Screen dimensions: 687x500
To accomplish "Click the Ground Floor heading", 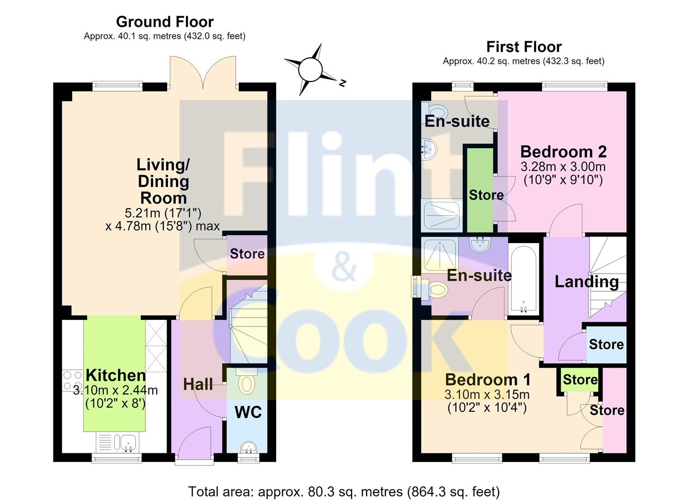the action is click(x=165, y=22).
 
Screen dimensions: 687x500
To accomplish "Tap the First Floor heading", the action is click(x=524, y=47).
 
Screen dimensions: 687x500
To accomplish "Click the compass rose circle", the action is click(x=310, y=69).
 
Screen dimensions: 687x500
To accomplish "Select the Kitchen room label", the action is click(x=116, y=375).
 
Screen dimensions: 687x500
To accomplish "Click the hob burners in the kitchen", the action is click(x=72, y=381).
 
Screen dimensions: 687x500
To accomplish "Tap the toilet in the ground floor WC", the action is click(x=247, y=381).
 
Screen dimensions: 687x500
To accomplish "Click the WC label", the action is click(x=248, y=412).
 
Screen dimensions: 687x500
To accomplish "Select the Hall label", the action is click(x=198, y=384).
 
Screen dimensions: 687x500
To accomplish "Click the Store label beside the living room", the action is click(x=247, y=254).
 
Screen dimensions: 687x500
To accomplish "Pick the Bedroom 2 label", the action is click(x=563, y=152).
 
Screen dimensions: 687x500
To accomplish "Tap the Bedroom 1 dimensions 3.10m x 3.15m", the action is click(x=487, y=394).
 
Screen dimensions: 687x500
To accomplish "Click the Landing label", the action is click(x=587, y=282).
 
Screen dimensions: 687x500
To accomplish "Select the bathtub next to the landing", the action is click(x=524, y=279).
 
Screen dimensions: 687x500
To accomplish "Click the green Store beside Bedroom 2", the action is click(x=480, y=190).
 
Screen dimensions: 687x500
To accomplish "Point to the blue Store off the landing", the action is click(x=607, y=344).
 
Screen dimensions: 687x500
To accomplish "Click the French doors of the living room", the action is click(x=203, y=73).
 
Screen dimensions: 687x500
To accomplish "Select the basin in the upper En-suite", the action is click(x=429, y=149).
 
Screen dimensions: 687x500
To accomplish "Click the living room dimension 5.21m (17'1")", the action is click(x=163, y=212).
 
